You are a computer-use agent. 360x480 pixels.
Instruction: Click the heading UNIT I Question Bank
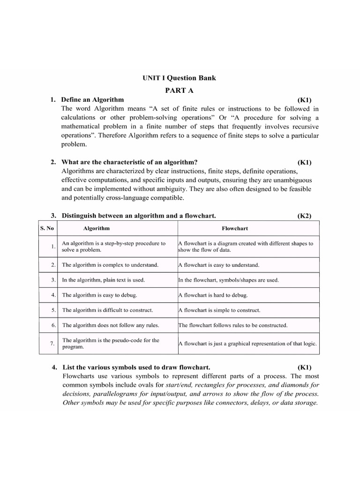click(180, 78)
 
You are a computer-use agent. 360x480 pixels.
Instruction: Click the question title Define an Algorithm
click(92, 99)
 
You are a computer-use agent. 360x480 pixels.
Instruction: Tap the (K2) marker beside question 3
click(304, 216)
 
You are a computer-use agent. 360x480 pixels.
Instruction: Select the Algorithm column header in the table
click(96, 228)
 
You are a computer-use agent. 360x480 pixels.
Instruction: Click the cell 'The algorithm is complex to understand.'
click(110, 265)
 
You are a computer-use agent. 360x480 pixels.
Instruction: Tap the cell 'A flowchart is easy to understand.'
click(218, 265)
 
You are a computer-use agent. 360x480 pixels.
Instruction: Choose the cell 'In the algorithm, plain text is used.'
click(103, 280)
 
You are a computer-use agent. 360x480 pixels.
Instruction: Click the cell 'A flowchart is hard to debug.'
click(213, 295)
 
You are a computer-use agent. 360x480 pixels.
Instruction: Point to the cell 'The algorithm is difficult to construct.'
click(107, 310)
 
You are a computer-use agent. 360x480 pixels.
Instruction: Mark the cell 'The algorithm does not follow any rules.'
click(110, 325)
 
